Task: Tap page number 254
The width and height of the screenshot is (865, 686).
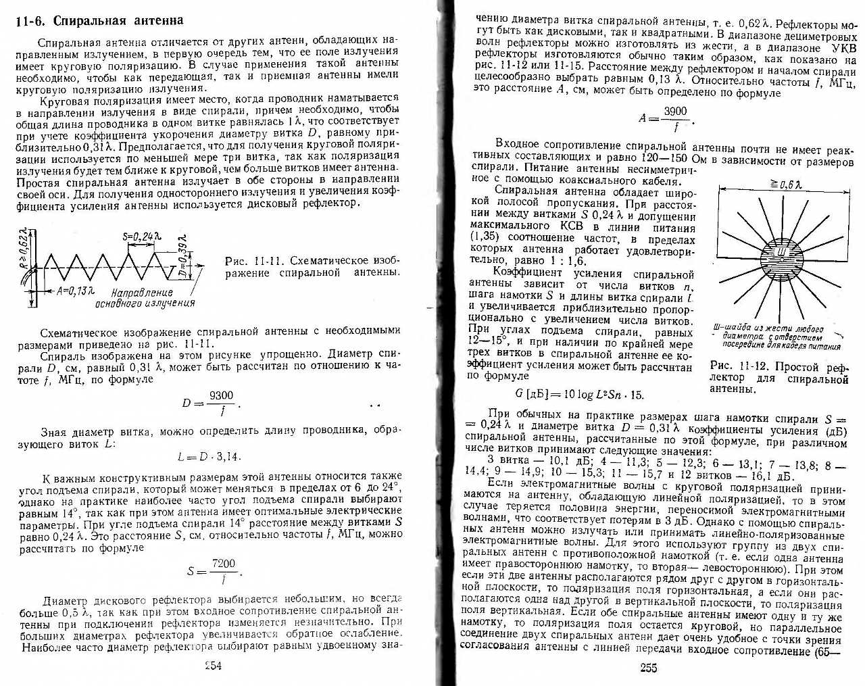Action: tap(214, 665)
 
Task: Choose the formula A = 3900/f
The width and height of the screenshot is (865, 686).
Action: tap(665, 119)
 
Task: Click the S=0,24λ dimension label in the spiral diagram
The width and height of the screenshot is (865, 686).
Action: tap(142, 237)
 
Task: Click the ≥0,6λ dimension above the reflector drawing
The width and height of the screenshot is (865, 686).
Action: tap(783, 185)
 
